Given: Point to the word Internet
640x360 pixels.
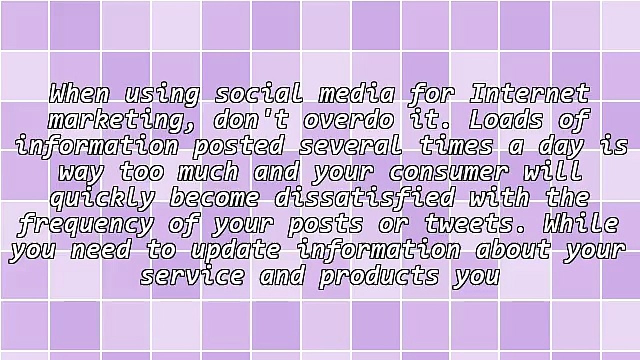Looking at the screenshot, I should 530,94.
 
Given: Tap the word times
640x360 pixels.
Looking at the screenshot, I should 455,146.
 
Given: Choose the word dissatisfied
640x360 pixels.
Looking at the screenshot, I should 365,198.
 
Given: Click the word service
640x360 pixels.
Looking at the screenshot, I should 192,276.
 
